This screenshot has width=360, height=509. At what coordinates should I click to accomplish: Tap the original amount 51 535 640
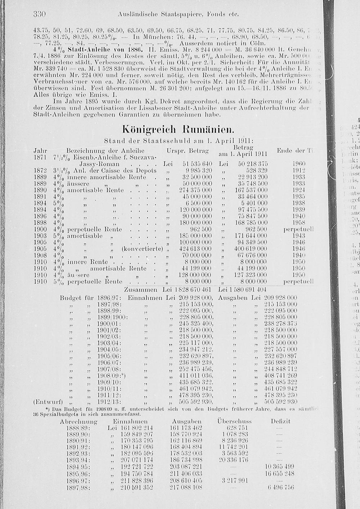(195, 164)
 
